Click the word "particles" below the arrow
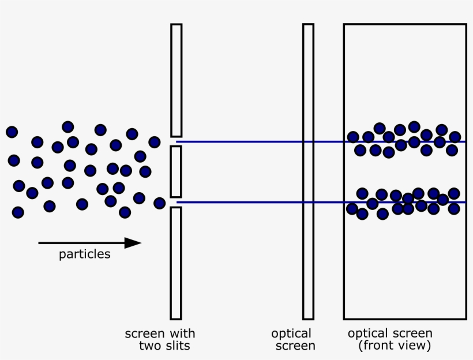[84, 254]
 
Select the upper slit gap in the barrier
[176, 141]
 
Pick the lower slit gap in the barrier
[176, 202]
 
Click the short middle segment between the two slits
[176, 171]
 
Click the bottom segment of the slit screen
[176, 262]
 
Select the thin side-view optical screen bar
[308, 171]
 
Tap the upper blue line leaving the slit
[242, 141]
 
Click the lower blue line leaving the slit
[242, 202]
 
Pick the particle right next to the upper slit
[154, 142]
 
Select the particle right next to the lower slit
[159, 202]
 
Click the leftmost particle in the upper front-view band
[353, 137]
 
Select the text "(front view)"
[394, 346]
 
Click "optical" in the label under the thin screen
[291, 334]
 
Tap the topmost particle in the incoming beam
[67, 127]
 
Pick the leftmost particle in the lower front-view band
[352, 208]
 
